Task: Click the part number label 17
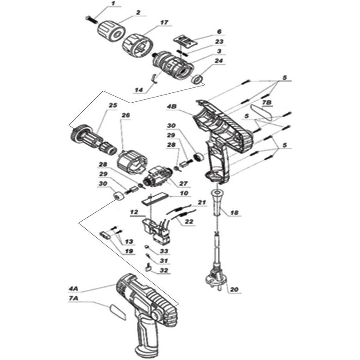[x=164, y=23]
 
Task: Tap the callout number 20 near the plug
[x=234, y=290]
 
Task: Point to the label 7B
[x=267, y=103]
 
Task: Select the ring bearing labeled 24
[x=197, y=79]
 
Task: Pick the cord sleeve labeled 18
[x=217, y=202]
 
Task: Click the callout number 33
[x=164, y=251]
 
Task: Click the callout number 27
[x=184, y=184]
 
